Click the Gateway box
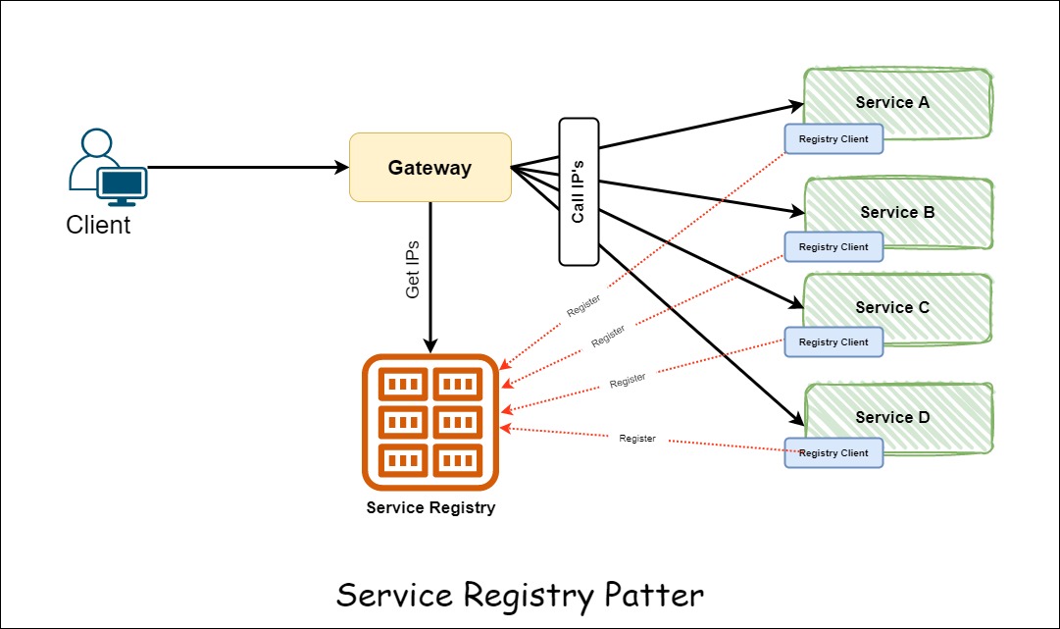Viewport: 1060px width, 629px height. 430,168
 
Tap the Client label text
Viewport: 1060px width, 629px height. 98,225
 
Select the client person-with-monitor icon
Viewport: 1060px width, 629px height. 108,168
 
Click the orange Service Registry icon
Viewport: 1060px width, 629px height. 430,422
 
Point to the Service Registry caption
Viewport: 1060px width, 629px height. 430,507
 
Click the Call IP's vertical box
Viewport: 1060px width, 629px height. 579,191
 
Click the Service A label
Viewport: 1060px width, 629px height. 892,102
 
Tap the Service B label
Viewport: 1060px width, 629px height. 897,212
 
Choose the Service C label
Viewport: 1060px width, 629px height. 892,307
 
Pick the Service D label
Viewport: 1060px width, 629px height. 892,417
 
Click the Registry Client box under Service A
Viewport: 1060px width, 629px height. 833,139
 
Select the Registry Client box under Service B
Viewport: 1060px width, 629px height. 833,247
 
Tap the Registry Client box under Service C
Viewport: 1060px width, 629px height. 833,342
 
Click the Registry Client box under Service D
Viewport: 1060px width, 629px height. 833,453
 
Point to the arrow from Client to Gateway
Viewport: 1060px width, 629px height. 245,168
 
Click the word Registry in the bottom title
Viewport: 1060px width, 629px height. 509,596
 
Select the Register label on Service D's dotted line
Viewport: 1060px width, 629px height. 637,439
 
